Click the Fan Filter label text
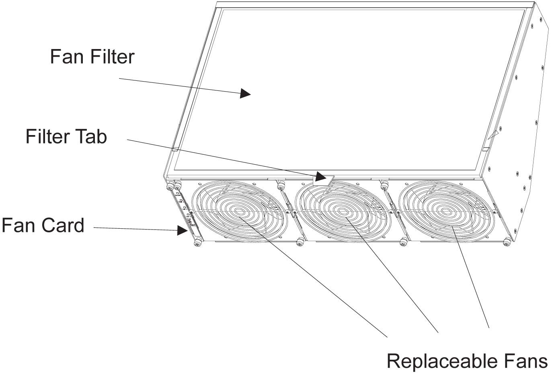coord(92,57)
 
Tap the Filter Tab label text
coord(66,137)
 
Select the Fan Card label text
coord(43,225)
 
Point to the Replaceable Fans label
coord(467,361)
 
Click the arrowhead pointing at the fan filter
coord(245,94)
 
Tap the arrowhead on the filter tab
coord(320,177)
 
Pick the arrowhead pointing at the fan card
coord(183,230)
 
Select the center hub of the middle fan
coord(342,211)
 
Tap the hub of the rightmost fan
coord(445,211)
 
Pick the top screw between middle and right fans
coord(383,184)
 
